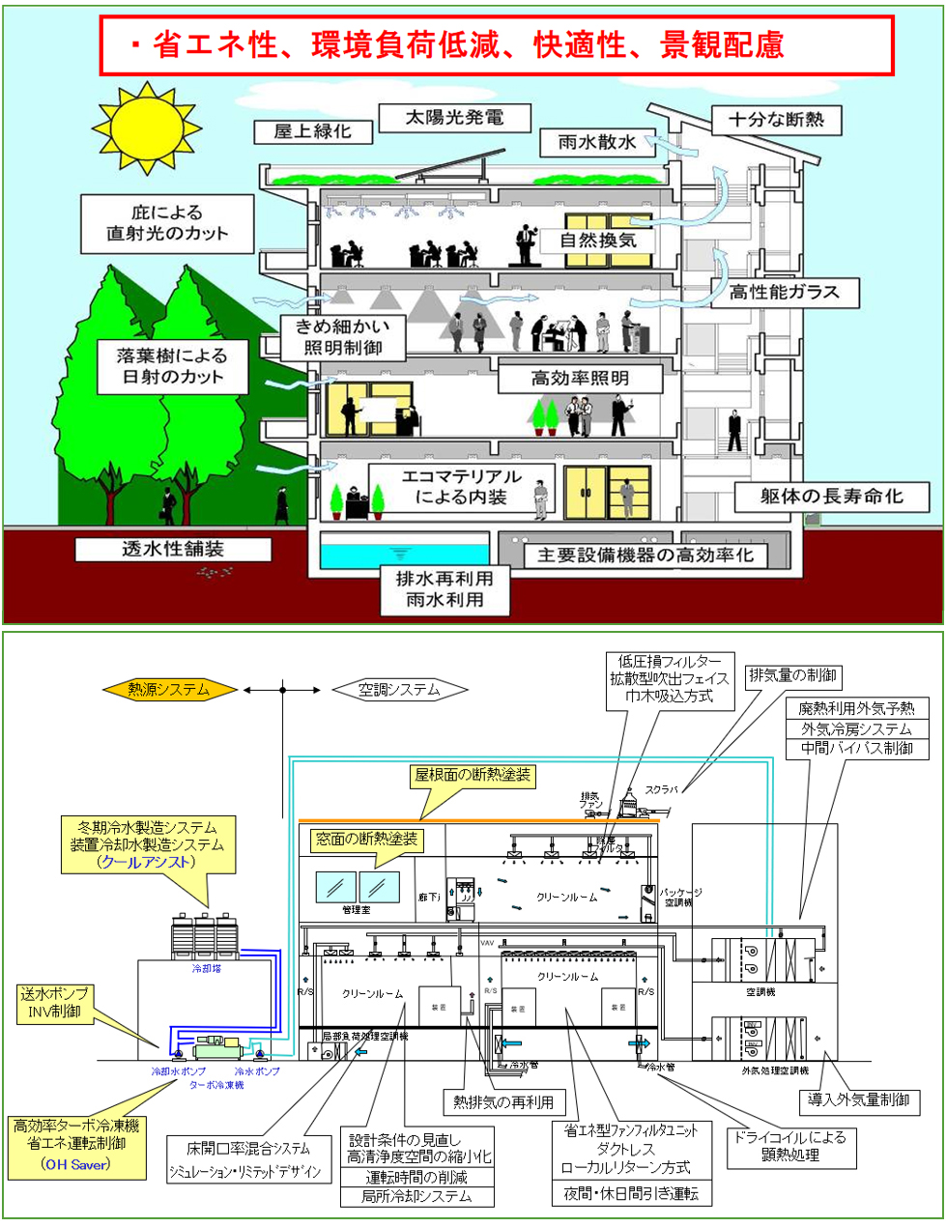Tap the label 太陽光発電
pyautogui.click(x=453, y=118)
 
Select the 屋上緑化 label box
pyautogui.click(x=312, y=130)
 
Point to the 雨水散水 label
pyautogui.click(x=597, y=142)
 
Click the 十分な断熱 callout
pyautogui.click(x=776, y=120)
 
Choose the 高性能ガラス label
pyautogui.click(x=785, y=292)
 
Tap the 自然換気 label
pyautogui.click(x=599, y=240)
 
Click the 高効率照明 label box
pyautogui.click(x=580, y=378)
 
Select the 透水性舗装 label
pyautogui.click(x=173, y=549)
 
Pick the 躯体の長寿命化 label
pyautogui.click(x=831, y=497)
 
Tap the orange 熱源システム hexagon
pyautogui.click(x=169, y=689)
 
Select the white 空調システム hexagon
pyautogui.click(x=399, y=689)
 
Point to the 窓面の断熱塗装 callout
pyautogui.click(x=367, y=840)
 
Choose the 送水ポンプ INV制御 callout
pyautogui.click(x=54, y=1003)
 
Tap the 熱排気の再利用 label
pyautogui.click(x=502, y=1101)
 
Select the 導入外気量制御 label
pyautogui.click(x=858, y=1099)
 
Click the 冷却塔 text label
pyautogui.click(x=206, y=968)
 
